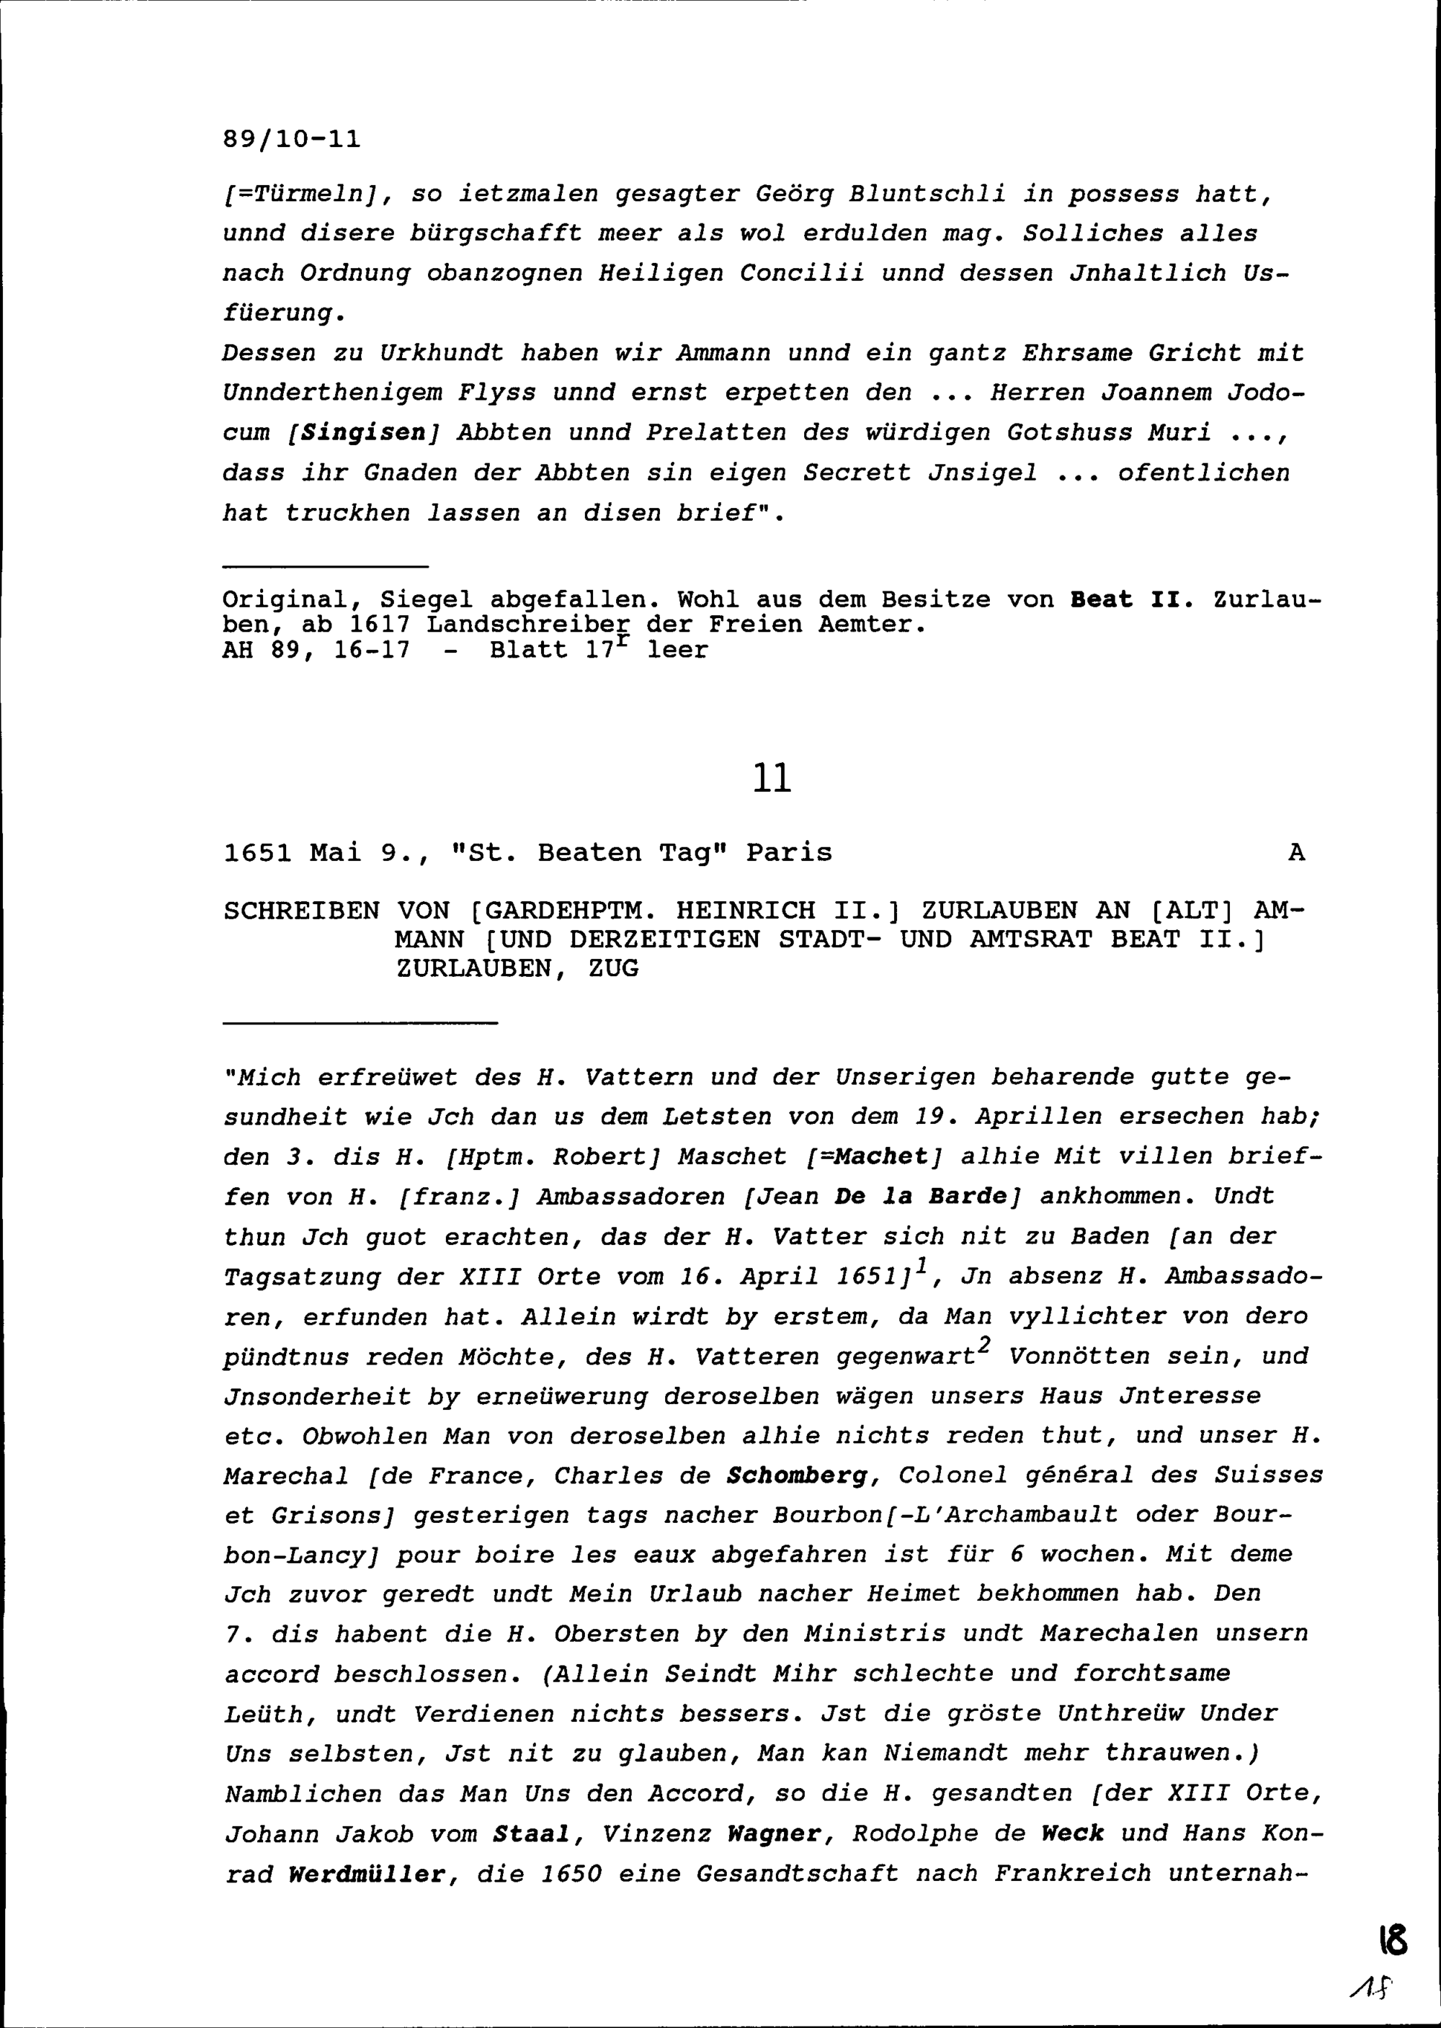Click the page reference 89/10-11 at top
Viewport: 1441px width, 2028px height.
(292, 140)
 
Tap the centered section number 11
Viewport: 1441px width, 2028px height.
(771, 778)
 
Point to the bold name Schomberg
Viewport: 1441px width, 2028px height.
(796, 1475)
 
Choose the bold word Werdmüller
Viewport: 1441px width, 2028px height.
(367, 1875)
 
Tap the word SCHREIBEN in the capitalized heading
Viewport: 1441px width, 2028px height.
(302, 911)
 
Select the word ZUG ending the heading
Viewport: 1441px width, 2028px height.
(613, 969)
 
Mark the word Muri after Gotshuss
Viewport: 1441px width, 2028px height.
(1179, 433)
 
